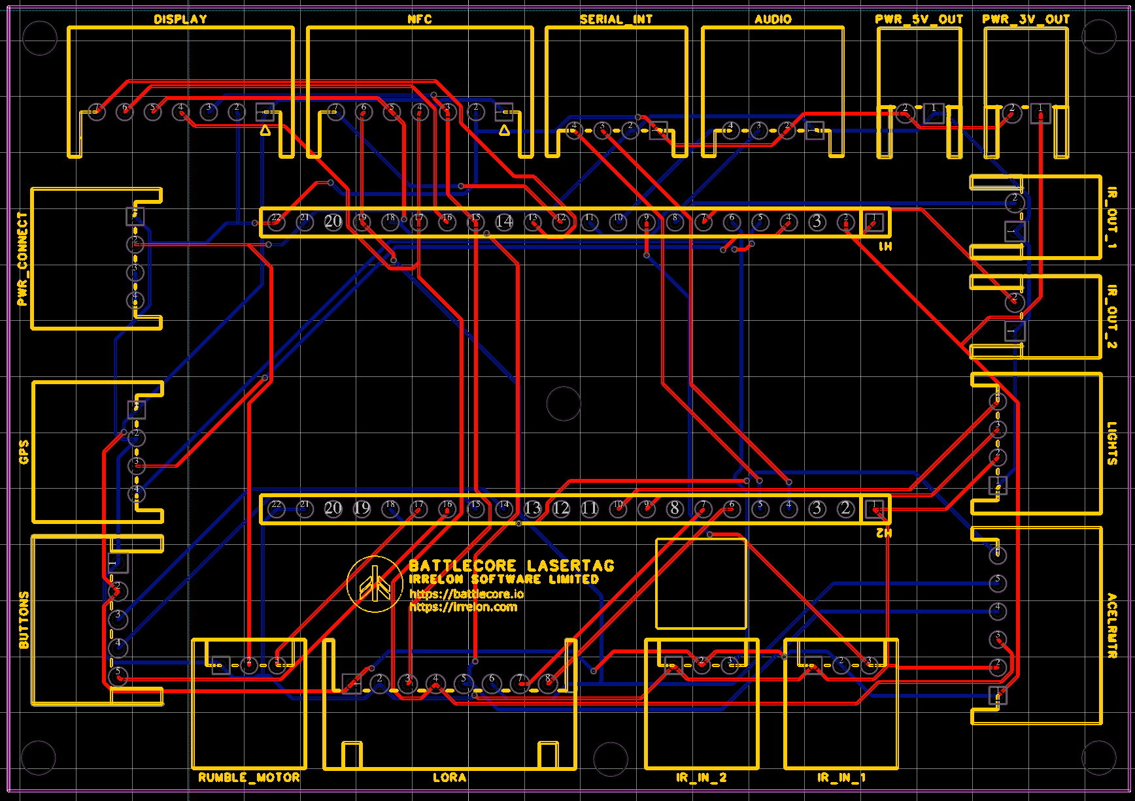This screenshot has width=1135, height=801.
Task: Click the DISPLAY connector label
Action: click(x=180, y=19)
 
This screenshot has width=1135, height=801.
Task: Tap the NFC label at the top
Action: click(x=419, y=19)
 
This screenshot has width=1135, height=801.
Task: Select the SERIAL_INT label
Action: click(x=616, y=19)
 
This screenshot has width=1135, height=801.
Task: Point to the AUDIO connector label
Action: click(x=773, y=19)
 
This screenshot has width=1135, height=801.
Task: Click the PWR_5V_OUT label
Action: click(x=919, y=19)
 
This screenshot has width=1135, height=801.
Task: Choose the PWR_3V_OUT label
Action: click(x=1026, y=19)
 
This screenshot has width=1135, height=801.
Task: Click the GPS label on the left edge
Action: click(x=24, y=451)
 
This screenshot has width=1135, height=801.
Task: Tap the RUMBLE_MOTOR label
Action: click(x=249, y=777)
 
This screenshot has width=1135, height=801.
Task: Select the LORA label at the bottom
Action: click(x=450, y=777)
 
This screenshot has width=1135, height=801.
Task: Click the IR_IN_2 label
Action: click(x=702, y=777)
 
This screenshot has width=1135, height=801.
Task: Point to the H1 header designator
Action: click(x=885, y=246)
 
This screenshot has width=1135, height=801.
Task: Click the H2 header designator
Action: click(x=884, y=533)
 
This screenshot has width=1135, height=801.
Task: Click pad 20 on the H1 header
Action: click(x=333, y=222)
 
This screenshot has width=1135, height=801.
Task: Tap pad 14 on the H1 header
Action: click(x=504, y=222)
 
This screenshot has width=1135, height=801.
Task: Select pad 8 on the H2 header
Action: click(x=675, y=508)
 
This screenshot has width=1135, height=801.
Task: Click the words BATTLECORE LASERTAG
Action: click(x=511, y=565)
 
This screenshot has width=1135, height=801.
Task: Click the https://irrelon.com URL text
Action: click(x=463, y=607)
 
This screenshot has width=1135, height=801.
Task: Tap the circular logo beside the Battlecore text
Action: click(x=375, y=584)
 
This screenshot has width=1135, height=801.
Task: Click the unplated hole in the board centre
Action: click(x=564, y=403)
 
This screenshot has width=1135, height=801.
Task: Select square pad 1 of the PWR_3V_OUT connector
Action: click(x=1040, y=114)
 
